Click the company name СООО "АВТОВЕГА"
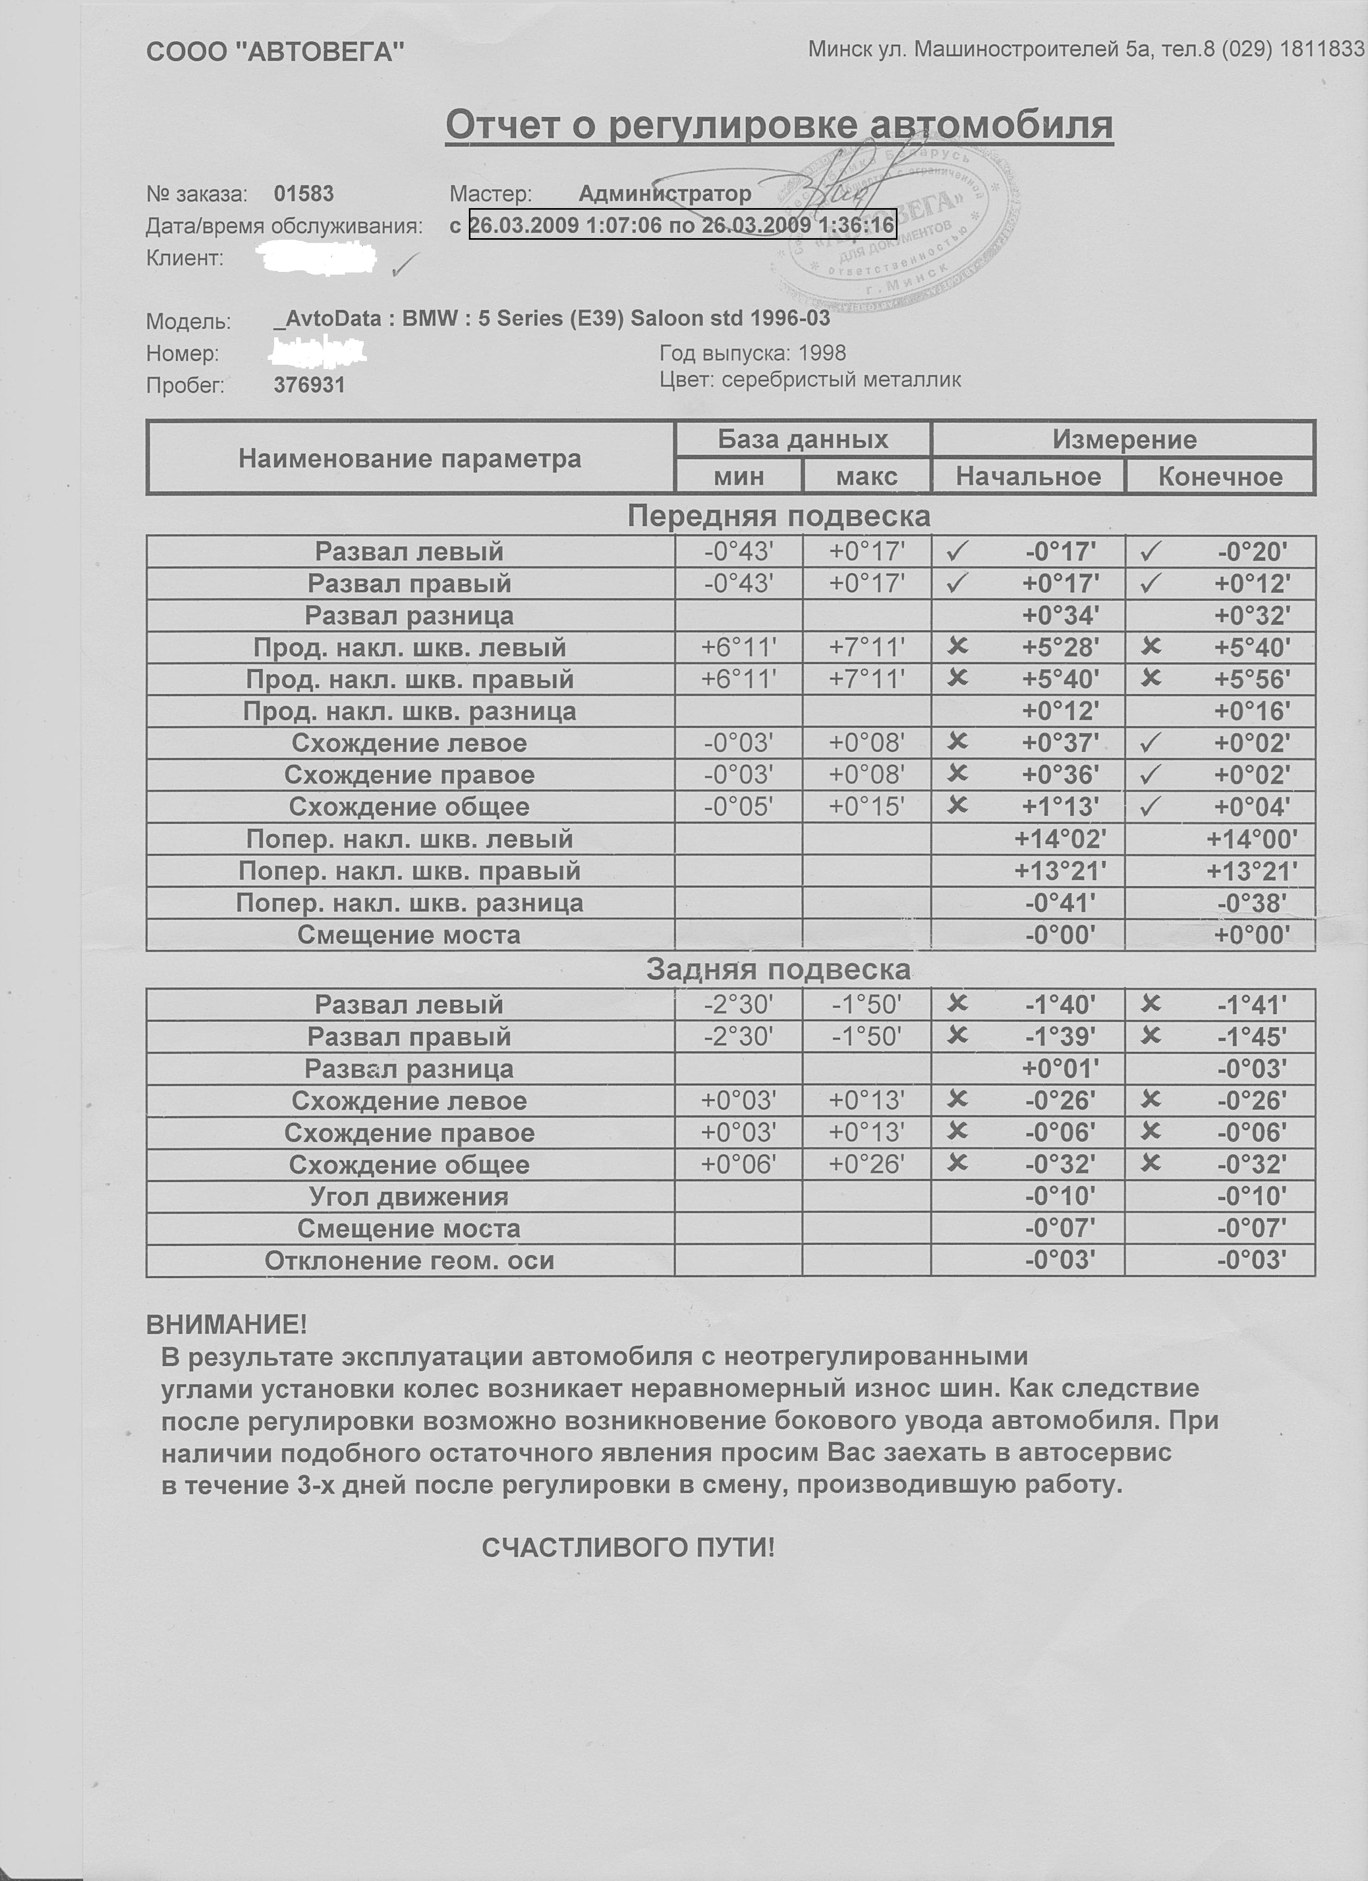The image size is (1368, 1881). coord(275,52)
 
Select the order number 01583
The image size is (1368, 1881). coord(304,194)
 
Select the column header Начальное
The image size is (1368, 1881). coord(1028,477)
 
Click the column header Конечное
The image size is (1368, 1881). coord(1219,477)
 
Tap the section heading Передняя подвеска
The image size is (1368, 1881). coord(778,516)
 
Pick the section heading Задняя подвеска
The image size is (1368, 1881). coord(778,970)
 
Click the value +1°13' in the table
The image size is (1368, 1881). coord(1060,807)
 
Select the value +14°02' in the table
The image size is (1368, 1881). coord(1060,839)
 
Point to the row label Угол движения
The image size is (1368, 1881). coord(409,1197)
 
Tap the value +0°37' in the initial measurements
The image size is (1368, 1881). coord(1060,743)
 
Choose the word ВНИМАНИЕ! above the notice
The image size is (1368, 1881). coord(226,1324)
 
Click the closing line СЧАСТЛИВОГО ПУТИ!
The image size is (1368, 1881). coord(628,1547)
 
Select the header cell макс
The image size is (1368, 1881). coord(866,477)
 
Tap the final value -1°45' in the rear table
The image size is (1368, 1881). coord(1252,1037)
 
